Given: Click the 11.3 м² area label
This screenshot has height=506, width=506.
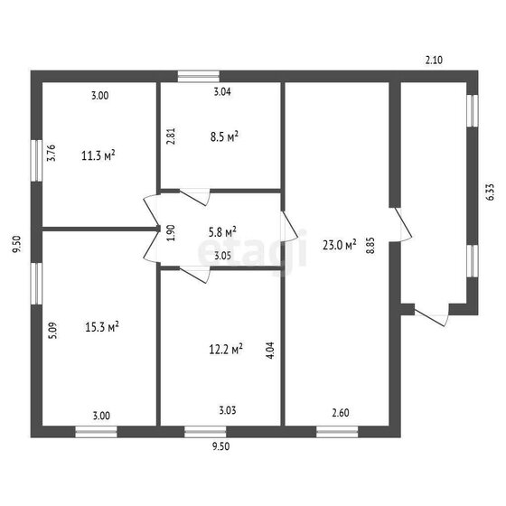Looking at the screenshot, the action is [98, 155].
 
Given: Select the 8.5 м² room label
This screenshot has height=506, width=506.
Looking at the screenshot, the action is [224, 136].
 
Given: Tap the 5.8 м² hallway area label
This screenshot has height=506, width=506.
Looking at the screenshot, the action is [222, 231].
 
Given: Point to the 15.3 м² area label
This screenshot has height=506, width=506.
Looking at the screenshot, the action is [102, 326].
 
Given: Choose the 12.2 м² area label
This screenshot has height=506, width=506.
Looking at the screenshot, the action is [226, 349].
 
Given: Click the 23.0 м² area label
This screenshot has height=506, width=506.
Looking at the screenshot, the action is [340, 245].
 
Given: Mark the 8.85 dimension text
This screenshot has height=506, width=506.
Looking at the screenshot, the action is [370, 246].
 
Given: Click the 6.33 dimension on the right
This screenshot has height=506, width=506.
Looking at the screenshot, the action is [490, 192].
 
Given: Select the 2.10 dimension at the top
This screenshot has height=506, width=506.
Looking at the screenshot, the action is [434, 60].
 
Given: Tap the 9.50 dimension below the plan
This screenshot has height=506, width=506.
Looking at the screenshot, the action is [221, 446].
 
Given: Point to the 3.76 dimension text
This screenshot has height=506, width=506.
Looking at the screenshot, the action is [52, 153].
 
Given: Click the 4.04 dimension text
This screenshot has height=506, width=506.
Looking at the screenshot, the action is [270, 351].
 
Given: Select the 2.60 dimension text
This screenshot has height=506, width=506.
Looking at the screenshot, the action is [341, 413].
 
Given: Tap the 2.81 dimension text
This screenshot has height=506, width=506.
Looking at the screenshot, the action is [171, 136].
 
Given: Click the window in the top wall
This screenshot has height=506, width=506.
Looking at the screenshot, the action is [199, 76].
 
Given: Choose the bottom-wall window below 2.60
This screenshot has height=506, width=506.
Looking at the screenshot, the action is [337, 432].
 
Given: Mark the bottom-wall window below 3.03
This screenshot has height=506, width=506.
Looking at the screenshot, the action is [205, 432].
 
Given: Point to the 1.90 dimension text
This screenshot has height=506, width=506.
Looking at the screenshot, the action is [171, 233].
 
